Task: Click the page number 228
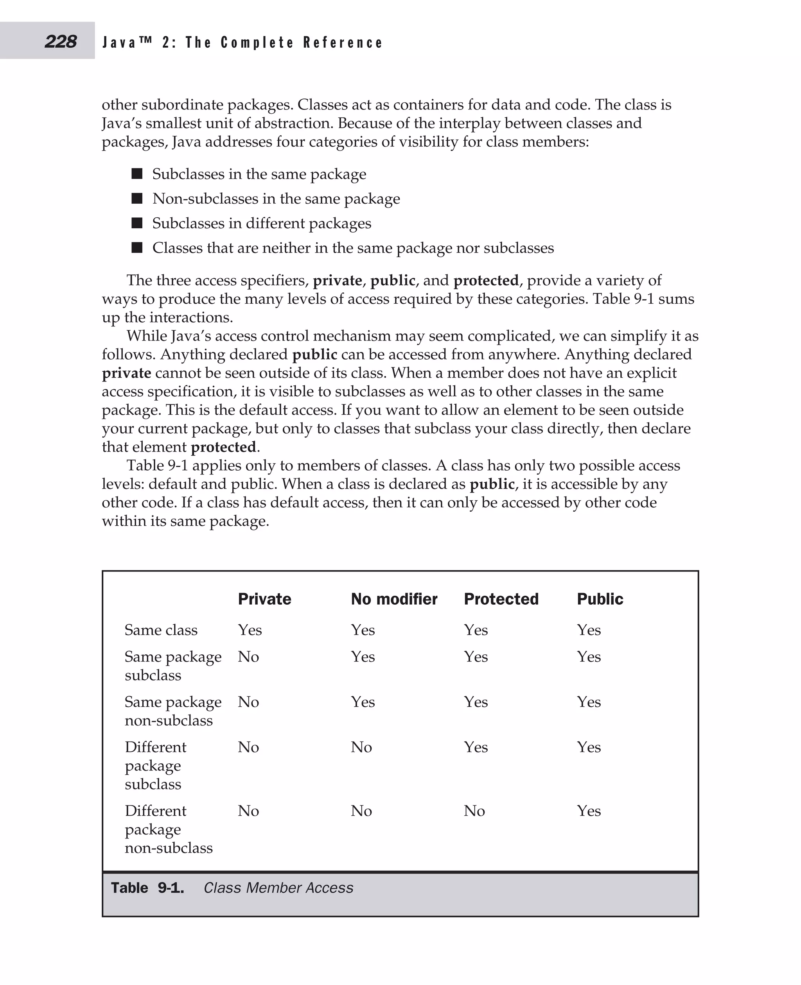(61, 41)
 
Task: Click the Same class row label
(161, 630)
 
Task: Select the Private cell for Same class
(250, 630)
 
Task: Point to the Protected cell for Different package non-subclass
(474, 811)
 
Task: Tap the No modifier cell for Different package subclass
(361, 747)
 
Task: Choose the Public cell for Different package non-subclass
(589, 811)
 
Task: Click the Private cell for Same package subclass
(248, 657)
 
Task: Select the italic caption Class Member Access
(278, 888)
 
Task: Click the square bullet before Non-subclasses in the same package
(136, 198)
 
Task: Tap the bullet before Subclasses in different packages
(136, 223)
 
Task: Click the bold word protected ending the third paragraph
(223, 447)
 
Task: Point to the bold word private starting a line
(126, 373)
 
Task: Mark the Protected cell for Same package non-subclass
(476, 702)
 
